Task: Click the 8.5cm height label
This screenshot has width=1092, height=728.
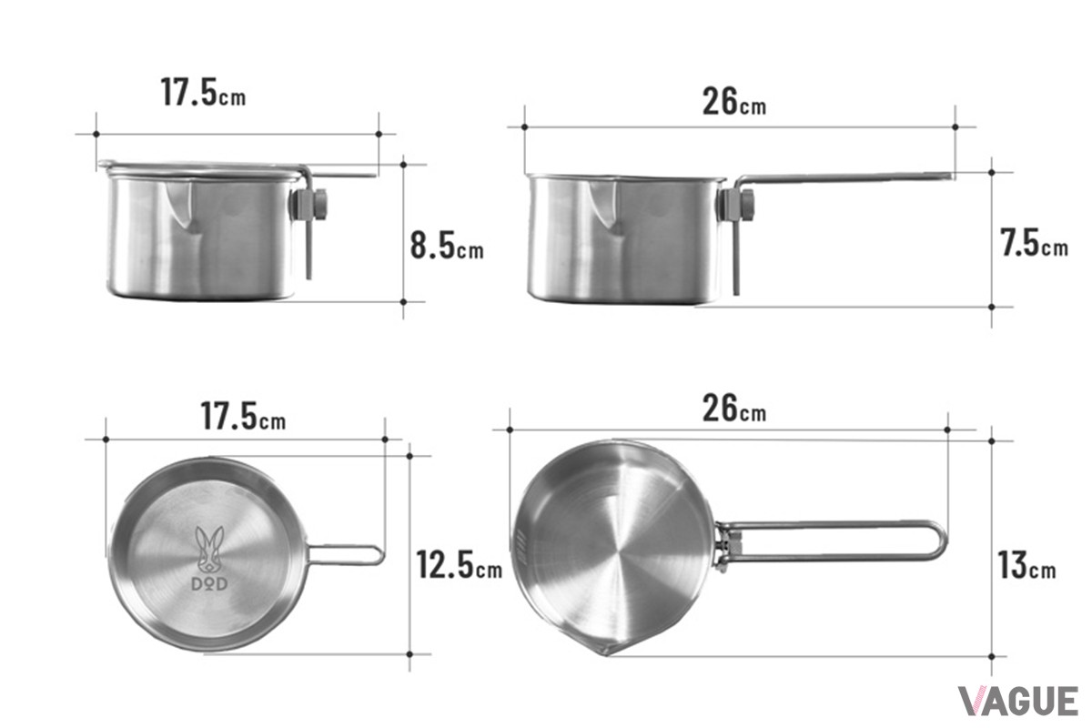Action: pos(447,247)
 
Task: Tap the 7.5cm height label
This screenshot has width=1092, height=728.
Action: pos(1035,243)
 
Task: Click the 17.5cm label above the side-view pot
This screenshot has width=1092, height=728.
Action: pos(203,92)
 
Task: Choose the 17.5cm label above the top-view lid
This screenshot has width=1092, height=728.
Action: pos(243,416)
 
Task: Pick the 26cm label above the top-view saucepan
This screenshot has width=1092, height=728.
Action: pos(734,408)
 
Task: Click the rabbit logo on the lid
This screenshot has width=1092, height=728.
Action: pos(209,550)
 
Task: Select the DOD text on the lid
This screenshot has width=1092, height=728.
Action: pos(209,584)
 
